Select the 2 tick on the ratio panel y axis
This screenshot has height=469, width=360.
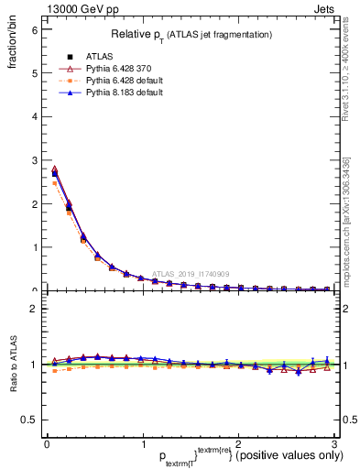pyautogui.click(x=33, y=309)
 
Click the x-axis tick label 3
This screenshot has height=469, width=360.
pyautogui.click(x=334, y=444)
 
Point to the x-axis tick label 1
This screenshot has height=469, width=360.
pyautogui.click(x=142, y=444)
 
